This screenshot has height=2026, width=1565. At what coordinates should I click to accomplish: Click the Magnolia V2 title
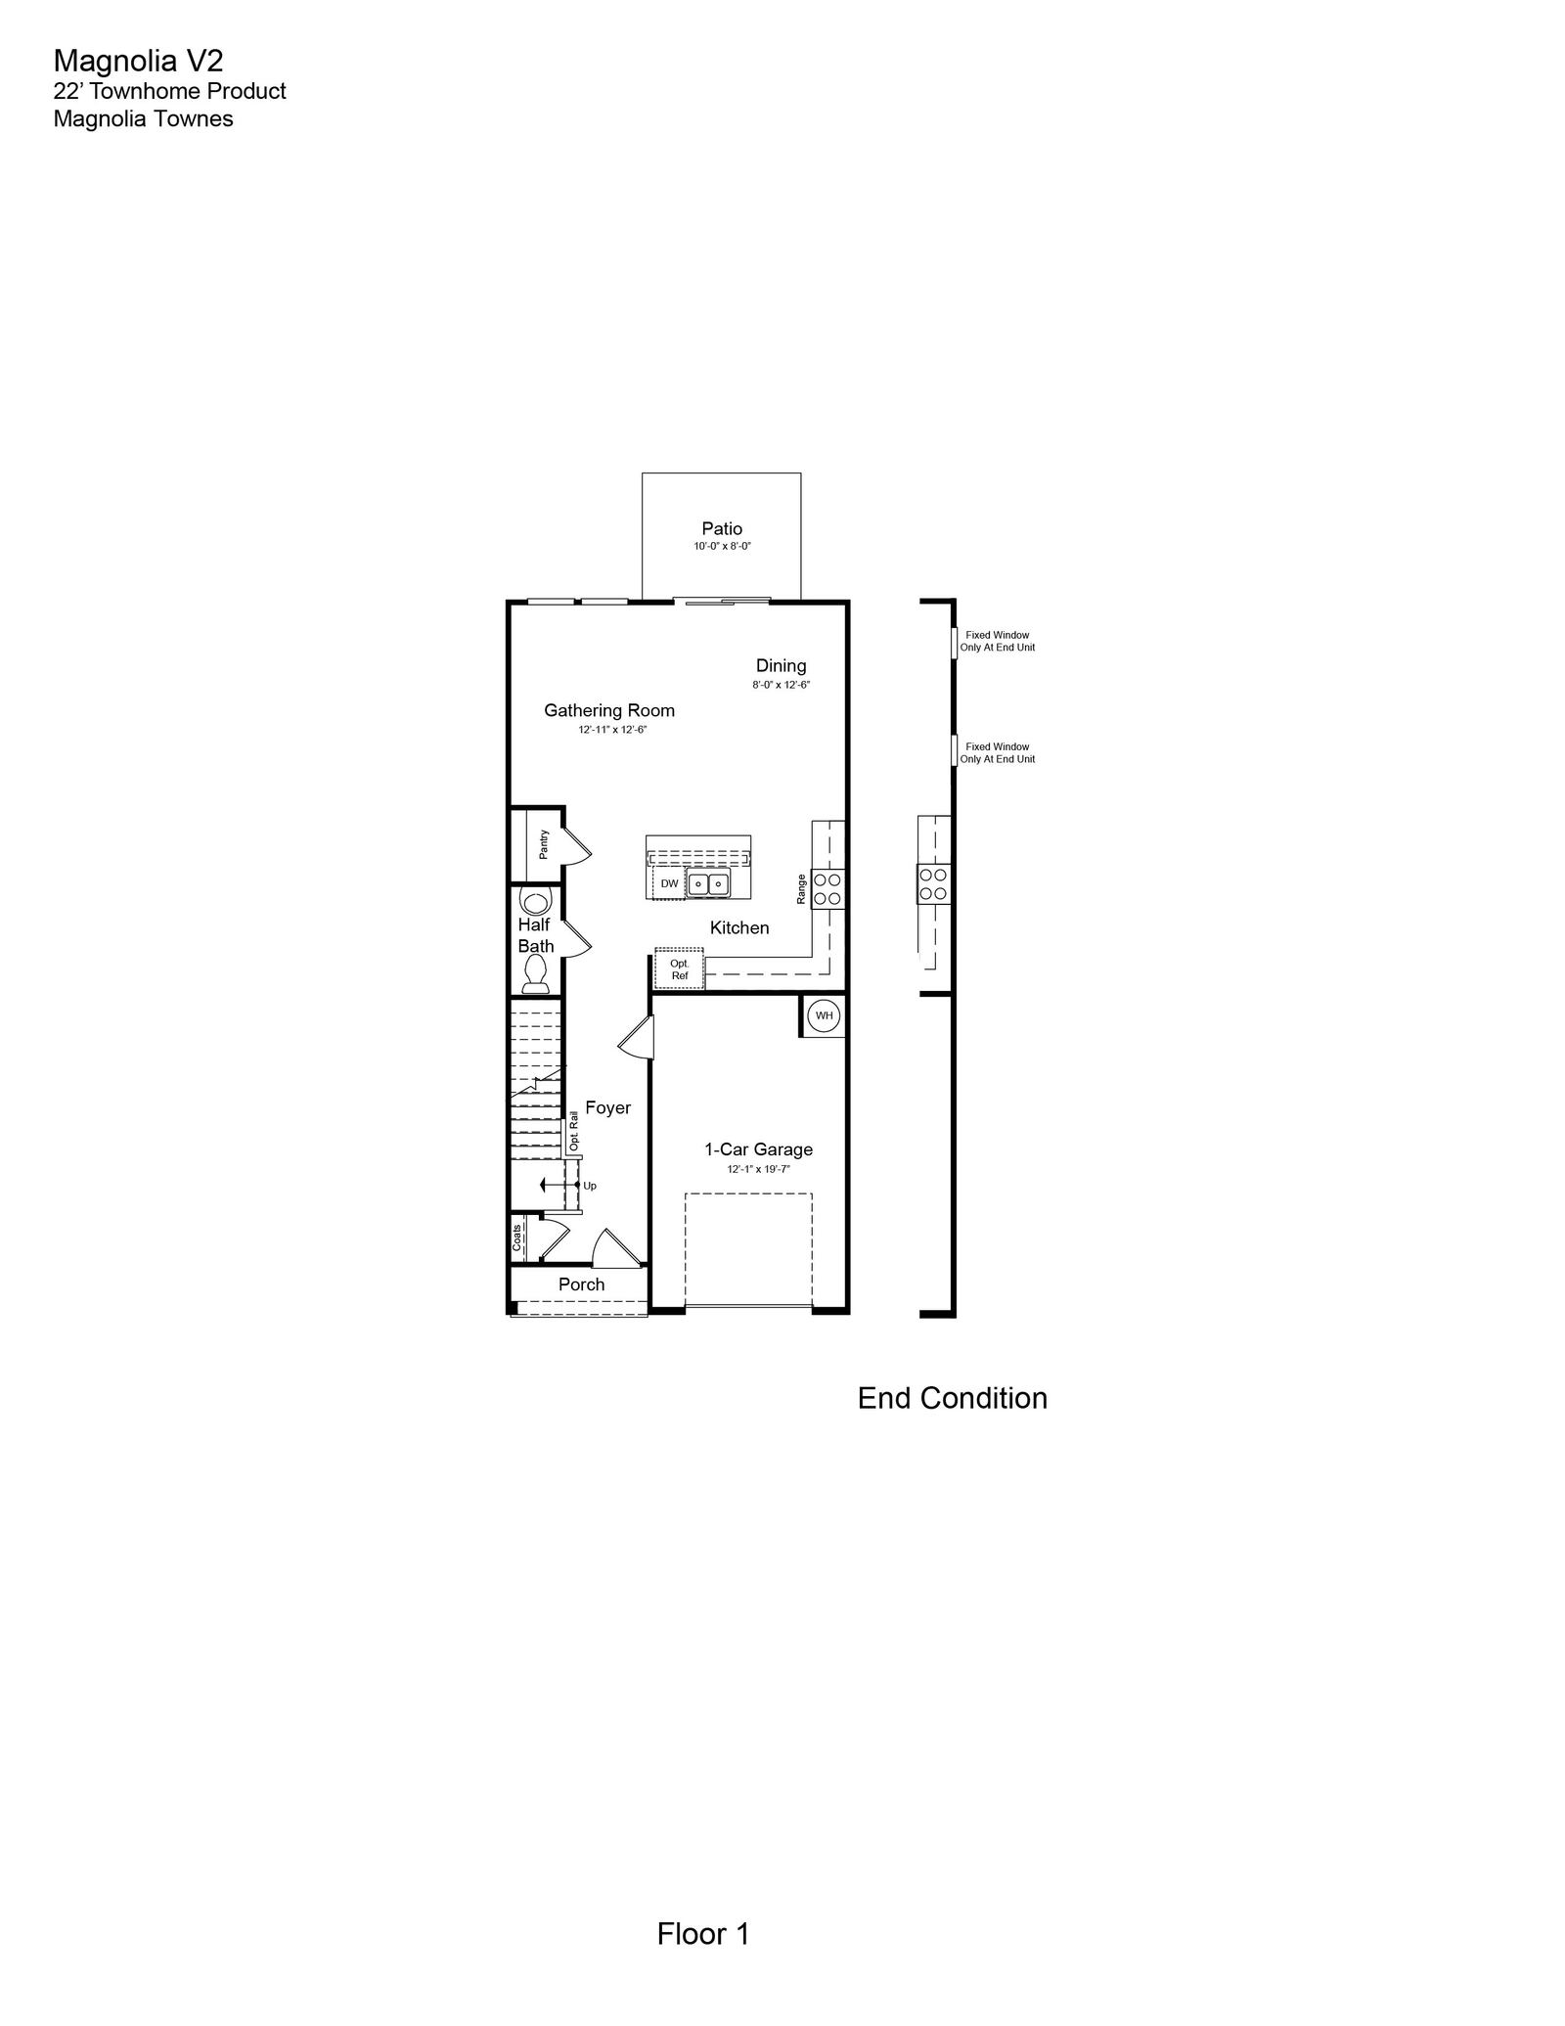138,61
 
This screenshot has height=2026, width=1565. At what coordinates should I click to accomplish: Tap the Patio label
722,528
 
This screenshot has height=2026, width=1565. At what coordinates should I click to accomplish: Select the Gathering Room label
609,710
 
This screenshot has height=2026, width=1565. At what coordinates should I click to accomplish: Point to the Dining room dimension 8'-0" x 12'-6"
781,685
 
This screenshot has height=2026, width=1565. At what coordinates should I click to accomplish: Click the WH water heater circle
825,1015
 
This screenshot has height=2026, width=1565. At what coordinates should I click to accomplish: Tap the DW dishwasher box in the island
669,883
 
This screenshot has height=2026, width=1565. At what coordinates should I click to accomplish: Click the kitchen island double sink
708,883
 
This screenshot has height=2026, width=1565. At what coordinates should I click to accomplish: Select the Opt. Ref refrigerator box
680,969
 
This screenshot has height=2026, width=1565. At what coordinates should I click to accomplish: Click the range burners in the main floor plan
827,888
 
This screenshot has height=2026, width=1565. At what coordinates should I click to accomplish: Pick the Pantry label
544,844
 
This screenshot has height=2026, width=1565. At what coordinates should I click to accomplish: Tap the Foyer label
608,1107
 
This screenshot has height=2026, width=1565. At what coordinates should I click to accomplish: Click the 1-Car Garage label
759,1149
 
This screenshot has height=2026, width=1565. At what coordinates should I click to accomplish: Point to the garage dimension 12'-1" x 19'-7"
758,1169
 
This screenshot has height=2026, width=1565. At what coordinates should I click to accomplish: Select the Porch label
582,1284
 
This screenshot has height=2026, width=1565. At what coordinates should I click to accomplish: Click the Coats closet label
517,1238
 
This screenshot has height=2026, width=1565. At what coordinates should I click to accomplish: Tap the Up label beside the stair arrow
590,1186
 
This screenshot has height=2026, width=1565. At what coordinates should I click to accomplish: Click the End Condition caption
953,1398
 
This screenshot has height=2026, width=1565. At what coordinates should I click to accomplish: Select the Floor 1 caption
703,1934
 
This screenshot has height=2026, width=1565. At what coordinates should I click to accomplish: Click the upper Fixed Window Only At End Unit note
998,641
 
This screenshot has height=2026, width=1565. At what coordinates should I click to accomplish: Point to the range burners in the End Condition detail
933,883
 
